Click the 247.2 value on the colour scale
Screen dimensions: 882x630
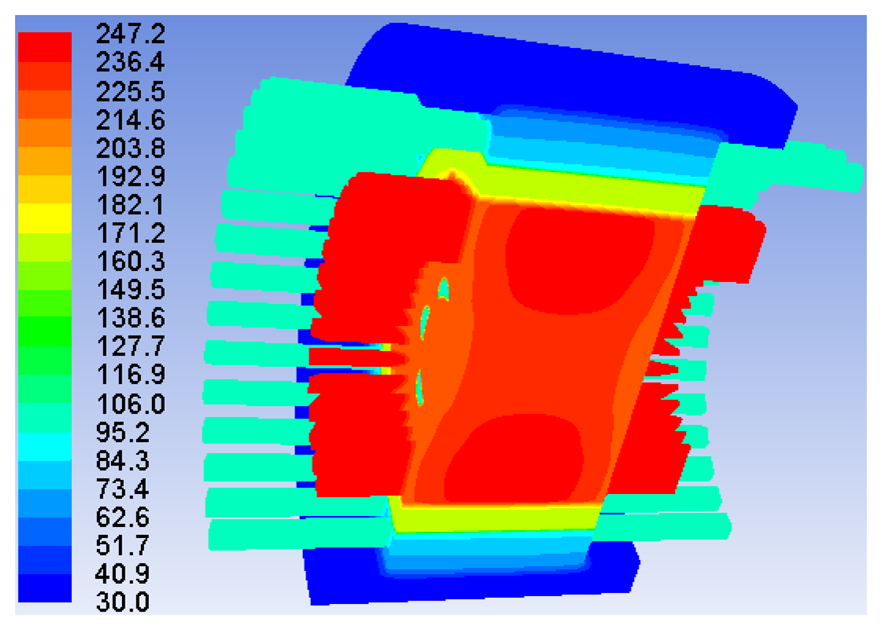[131, 34]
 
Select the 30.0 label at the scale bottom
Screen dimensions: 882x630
[123, 602]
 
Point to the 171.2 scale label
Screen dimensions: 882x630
[131, 233]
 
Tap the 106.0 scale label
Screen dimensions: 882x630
[131, 404]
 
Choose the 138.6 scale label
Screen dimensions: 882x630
[131, 318]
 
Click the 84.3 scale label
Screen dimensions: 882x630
[123, 461]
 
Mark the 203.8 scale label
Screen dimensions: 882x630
[131, 148]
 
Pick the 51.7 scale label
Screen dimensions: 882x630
[123, 545]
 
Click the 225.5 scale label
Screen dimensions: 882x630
[131, 91]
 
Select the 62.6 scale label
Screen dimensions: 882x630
[123, 517]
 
